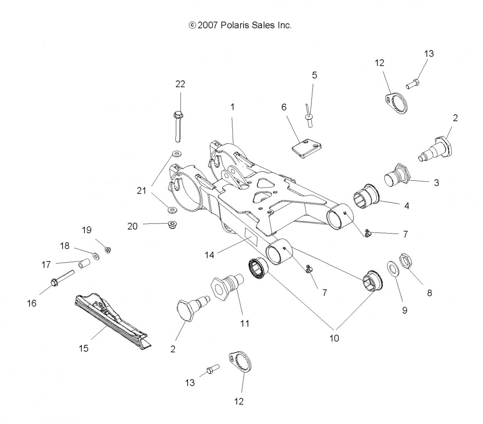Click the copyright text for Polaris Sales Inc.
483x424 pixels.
pos(240,25)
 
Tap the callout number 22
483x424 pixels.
pos(180,84)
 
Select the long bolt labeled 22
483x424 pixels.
pos(178,126)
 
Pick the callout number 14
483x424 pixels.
pos(210,255)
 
